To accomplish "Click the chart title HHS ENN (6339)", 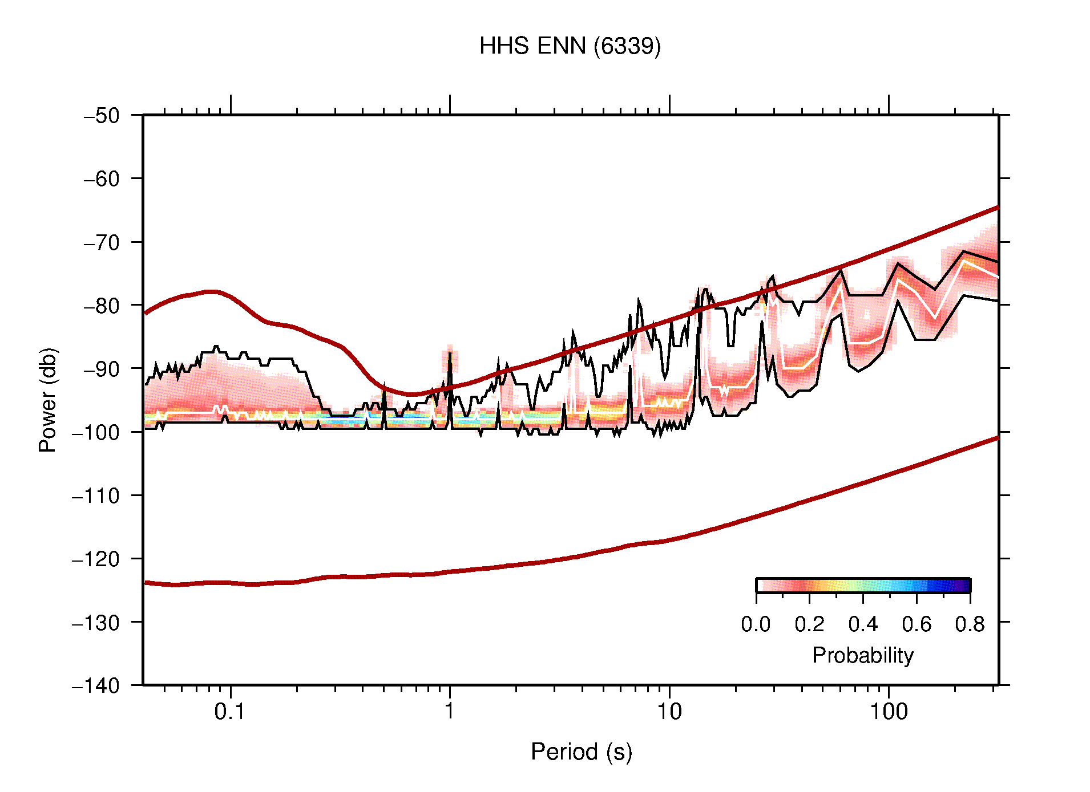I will pyautogui.click(x=570, y=46).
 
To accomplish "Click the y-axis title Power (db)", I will pyautogui.click(x=48, y=400).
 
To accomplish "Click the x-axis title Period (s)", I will pyautogui.click(x=581, y=752).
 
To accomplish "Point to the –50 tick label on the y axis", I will pyautogui.click(x=102, y=116).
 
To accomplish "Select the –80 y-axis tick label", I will pyautogui.click(x=102, y=306).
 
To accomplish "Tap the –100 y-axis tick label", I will pyautogui.click(x=96, y=432).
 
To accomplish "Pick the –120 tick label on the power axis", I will pyautogui.click(x=96, y=559).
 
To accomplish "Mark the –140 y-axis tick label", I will pyautogui.click(x=96, y=685).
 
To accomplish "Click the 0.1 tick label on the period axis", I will pyautogui.click(x=230, y=712).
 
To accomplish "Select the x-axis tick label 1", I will pyautogui.click(x=450, y=712).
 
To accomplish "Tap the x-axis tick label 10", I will pyautogui.click(x=669, y=712).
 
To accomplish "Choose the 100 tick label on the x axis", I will pyautogui.click(x=889, y=712).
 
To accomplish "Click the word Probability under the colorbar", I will pyautogui.click(x=863, y=655).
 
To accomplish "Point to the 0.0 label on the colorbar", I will pyautogui.click(x=756, y=624).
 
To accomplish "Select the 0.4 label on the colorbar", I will pyautogui.click(x=863, y=624).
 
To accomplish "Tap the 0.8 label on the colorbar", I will pyautogui.click(x=970, y=624).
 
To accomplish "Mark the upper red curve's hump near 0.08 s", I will pyautogui.click(x=211, y=291).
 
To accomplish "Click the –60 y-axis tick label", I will pyautogui.click(x=102, y=179).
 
